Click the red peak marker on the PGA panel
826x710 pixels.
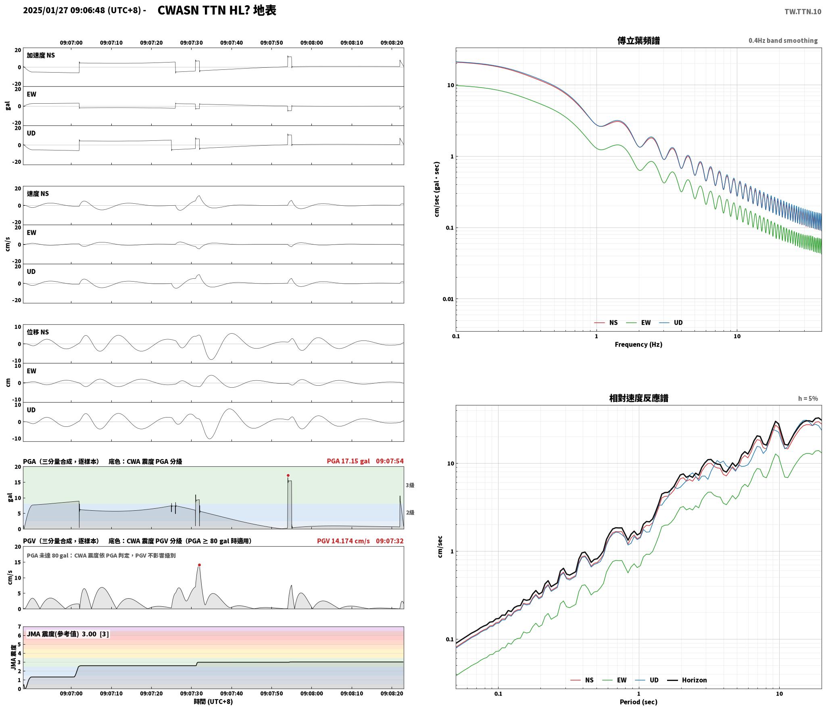(x=288, y=475)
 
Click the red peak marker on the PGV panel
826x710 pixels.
(x=199, y=565)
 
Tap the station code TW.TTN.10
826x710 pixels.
(x=803, y=12)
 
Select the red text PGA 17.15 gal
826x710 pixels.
(x=348, y=461)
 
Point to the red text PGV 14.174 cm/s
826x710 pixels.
(x=343, y=541)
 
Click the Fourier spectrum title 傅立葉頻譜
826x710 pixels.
(x=638, y=41)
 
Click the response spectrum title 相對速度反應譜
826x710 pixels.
(x=638, y=398)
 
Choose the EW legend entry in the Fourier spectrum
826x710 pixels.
(x=638, y=323)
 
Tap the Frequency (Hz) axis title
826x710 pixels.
(x=638, y=345)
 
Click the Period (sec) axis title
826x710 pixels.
(x=638, y=702)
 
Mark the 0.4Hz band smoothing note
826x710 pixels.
(x=783, y=41)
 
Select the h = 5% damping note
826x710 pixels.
(x=808, y=399)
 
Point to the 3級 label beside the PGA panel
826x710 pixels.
(x=410, y=485)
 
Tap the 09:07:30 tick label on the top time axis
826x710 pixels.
(x=191, y=43)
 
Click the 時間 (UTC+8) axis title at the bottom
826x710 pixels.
(x=213, y=702)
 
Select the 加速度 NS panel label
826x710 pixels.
(x=41, y=55)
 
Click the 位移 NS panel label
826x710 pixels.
(x=38, y=332)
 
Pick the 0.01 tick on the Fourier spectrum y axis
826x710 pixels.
(x=448, y=299)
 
